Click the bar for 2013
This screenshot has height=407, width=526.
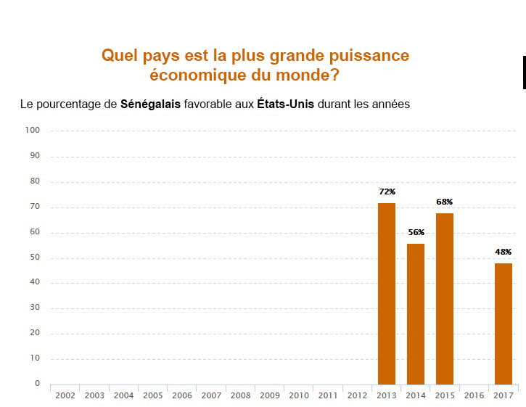click(x=387, y=294)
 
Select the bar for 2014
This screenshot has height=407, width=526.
click(x=416, y=314)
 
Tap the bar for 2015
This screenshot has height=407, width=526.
click(x=445, y=299)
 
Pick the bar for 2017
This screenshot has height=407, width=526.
click(x=504, y=324)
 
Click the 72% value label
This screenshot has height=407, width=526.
click(x=387, y=192)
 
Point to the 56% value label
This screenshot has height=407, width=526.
click(x=416, y=233)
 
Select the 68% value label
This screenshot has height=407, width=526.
click(x=445, y=202)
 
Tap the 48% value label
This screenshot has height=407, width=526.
click(x=504, y=252)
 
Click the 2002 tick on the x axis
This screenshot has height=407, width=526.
click(x=65, y=396)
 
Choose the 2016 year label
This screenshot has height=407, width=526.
click(x=474, y=396)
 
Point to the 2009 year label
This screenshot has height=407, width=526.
click(x=269, y=396)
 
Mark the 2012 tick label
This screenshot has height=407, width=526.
click(x=357, y=396)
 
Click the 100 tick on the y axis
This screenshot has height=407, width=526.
click(x=32, y=131)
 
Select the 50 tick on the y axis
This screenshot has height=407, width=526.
click(x=34, y=258)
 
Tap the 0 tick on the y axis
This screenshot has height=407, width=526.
click(x=37, y=384)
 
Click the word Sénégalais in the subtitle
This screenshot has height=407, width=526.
click(x=151, y=104)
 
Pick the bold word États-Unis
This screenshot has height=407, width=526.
click(x=285, y=104)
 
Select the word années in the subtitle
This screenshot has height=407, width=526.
click(x=390, y=104)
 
